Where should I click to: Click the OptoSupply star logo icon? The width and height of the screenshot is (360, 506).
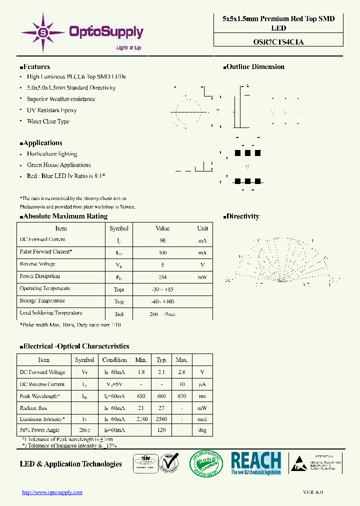(x=42, y=33)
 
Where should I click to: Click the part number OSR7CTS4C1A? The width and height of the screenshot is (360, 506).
(x=278, y=42)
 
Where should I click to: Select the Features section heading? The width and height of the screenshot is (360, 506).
(x=35, y=66)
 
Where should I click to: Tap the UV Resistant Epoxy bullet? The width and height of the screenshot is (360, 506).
(x=51, y=110)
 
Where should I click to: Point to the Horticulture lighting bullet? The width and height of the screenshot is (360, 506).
(x=52, y=154)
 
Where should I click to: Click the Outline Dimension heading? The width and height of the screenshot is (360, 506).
(x=253, y=66)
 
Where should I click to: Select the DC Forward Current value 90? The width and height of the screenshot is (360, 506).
(x=162, y=240)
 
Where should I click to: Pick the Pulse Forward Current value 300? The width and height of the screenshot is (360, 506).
(x=162, y=253)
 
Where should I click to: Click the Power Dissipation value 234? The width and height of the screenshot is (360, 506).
(x=162, y=277)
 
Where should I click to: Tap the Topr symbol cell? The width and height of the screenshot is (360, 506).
(x=119, y=289)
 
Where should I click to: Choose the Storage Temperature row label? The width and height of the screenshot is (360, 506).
(x=42, y=301)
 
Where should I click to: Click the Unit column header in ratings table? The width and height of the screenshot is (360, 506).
(x=202, y=228)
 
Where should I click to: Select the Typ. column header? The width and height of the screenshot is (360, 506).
(x=161, y=360)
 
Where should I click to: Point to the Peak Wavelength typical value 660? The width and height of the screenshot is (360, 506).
(x=161, y=396)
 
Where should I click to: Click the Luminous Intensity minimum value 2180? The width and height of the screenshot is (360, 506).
(x=141, y=419)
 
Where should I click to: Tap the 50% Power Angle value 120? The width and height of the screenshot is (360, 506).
(x=161, y=430)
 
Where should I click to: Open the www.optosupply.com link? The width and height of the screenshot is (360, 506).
(x=52, y=492)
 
